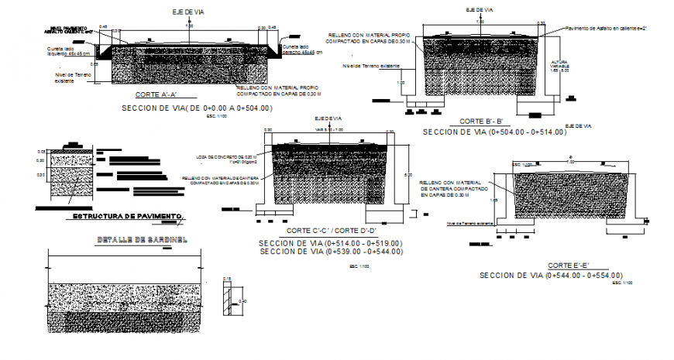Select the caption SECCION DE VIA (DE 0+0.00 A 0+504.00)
(197, 108)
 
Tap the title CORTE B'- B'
(481, 122)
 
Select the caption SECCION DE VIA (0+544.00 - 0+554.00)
(551, 276)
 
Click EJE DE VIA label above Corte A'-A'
(187, 12)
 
